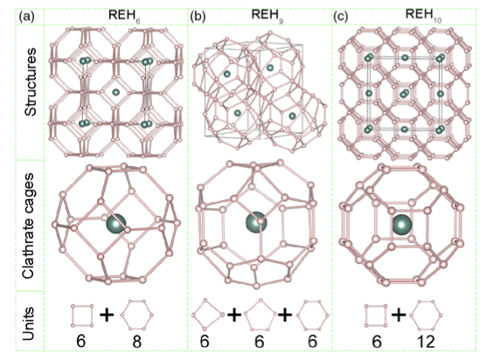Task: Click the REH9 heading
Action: pyautogui.click(x=267, y=16)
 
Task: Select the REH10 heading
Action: pyautogui.click(x=424, y=16)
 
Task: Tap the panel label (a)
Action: pyautogui.click(x=27, y=17)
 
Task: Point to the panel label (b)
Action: pyautogui.click(x=198, y=17)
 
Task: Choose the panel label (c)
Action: pyautogui.click(x=341, y=17)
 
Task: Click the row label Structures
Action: pyautogui.click(x=31, y=83)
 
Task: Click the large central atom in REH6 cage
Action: pyautogui.click(x=116, y=224)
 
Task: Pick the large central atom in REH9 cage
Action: pyautogui.click(x=256, y=222)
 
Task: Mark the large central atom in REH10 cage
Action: pyautogui.click(x=402, y=225)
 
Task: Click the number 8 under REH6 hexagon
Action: pyautogui.click(x=136, y=342)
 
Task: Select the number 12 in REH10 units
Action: pyautogui.click(x=426, y=342)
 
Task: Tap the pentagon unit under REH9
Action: pyautogui.click(x=260, y=315)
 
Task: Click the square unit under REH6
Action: pyautogui.click(x=82, y=315)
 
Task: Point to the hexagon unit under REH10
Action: pyautogui.click(x=427, y=315)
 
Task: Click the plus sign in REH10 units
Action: pyautogui.click(x=399, y=315)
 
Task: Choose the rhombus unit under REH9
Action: pyautogui.click(x=207, y=315)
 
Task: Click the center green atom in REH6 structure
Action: pyautogui.click(x=116, y=92)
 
